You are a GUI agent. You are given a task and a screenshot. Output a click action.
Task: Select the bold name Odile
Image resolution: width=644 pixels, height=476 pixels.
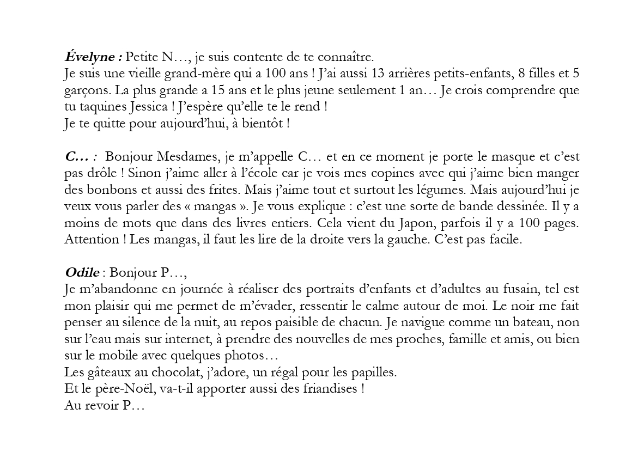click(x=82, y=272)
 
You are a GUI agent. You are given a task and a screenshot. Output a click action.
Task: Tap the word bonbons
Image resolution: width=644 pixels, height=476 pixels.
click(x=107, y=191)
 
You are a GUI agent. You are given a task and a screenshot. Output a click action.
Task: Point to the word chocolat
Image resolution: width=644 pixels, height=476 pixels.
click(x=179, y=373)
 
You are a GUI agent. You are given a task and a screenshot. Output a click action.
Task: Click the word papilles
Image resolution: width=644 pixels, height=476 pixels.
click(x=375, y=373)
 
